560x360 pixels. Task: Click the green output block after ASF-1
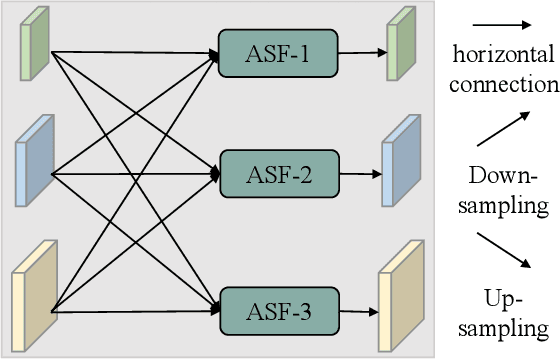pos(400,44)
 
